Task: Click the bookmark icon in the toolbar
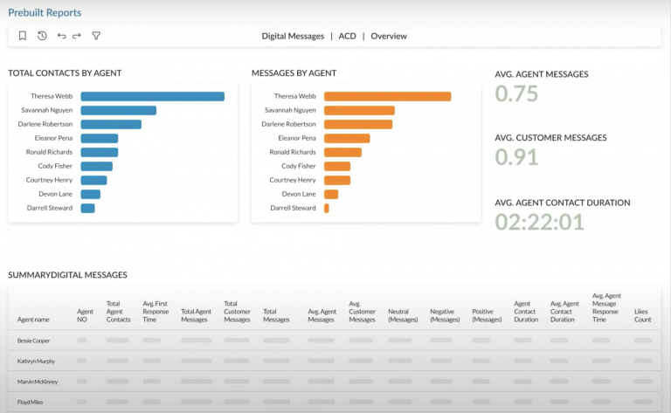click(x=23, y=36)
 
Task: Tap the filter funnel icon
click(x=96, y=36)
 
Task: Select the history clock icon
click(x=42, y=36)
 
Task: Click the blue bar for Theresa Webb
click(x=152, y=96)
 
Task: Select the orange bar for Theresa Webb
click(x=387, y=96)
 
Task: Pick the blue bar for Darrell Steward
click(x=87, y=208)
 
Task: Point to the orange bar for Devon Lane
click(x=331, y=194)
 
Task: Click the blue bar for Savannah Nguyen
click(x=118, y=110)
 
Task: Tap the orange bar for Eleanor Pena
click(x=347, y=138)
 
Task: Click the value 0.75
click(x=516, y=94)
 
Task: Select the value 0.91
click(x=516, y=157)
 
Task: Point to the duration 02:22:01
click(x=539, y=222)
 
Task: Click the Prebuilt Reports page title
click(x=45, y=13)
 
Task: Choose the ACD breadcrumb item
click(x=347, y=37)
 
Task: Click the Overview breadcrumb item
click(x=389, y=37)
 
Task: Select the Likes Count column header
click(x=643, y=315)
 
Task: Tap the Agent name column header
click(x=33, y=320)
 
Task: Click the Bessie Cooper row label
click(x=35, y=340)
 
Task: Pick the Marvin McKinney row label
click(x=37, y=382)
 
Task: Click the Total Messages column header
click(x=275, y=315)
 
